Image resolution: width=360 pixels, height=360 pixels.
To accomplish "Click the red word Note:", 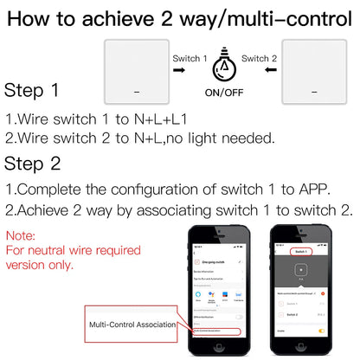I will point(22,235).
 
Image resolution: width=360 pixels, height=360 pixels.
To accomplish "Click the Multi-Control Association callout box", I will point(130,324).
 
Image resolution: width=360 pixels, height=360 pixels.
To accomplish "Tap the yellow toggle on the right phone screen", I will point(322,329).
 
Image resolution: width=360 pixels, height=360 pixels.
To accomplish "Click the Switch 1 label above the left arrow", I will point(190,58).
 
